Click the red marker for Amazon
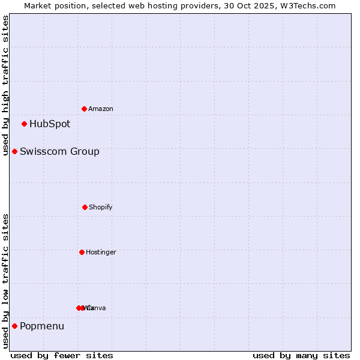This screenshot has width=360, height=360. [x=85, y=109]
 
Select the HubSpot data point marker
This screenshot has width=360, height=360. [x=25, y=124]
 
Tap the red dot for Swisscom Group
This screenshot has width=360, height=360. [x=15, y=152]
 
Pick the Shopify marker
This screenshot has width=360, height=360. [x=85, y=207]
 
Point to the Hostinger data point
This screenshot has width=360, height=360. [x=82, y=252]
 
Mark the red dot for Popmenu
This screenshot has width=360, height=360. [x=15, y=326]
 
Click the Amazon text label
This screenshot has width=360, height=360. [x=101, y=109]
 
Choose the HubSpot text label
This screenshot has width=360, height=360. [x=50, y=124]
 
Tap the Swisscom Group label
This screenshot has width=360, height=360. [x=59, y=152]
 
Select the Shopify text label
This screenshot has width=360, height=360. [x=101, y=208]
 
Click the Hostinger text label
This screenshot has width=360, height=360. [x=101, y=253]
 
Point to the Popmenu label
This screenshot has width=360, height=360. [x=42, y=326]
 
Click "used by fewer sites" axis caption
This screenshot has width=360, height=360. [x=62, y=355]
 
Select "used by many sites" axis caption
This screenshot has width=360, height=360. [x=301, y=355]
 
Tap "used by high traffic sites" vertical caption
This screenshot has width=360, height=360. [x=5, y=85]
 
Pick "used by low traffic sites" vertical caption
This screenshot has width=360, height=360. [x=5, y=281]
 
